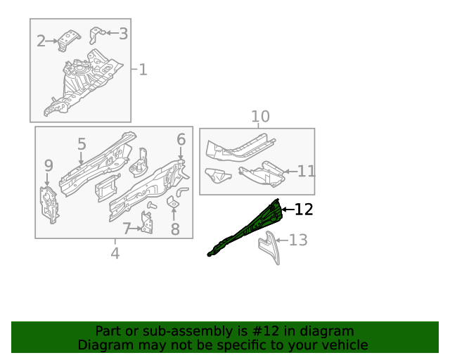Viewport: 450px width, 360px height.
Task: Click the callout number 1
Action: pyautogui.click(x=143, y=70)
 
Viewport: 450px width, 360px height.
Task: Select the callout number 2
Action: pyautogui.click(x=41, y=41)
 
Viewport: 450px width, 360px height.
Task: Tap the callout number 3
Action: pyautogui.click(x=123, y=33)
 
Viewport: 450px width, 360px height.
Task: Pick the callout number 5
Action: pyautogui.click(x=82, y=144)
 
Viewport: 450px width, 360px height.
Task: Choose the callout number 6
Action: pyautogui.click(x=181, y=139)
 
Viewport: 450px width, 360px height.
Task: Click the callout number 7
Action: pyautogui.click(x=127, y=229)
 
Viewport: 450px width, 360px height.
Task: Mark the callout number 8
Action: pyautogui.click(x=175, y=229)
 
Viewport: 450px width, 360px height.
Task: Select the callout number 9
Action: pyautogui.click(x=49, y=166)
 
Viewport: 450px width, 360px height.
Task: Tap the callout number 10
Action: pyautogui.click(x=260, y=116)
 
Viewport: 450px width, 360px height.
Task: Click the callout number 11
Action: pyautogui.click(x=307, y=171)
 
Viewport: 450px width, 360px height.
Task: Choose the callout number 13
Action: pyautogui.click(x=298, y=240)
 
